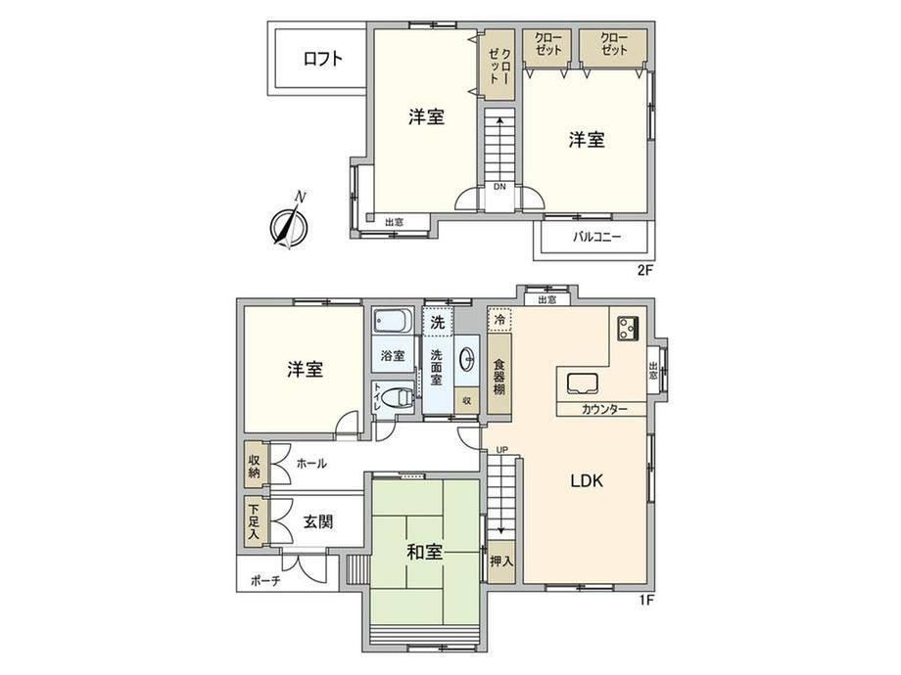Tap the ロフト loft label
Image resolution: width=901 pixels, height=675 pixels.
point(323,59)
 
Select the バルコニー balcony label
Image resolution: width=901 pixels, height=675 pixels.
point(596,237)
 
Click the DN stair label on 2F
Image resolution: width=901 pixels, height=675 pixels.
point(499,187)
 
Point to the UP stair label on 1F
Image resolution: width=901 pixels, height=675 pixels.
point(501,450)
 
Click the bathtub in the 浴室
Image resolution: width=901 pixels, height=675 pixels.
point(393,323)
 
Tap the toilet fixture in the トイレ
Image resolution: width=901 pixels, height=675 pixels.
point(397,397)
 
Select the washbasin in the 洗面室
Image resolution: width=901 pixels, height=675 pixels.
point(467,360)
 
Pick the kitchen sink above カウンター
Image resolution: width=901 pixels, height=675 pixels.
point(583,383)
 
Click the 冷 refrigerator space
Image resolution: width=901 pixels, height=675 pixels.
point(499,319)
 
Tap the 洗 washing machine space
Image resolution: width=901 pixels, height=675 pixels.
point(438,322)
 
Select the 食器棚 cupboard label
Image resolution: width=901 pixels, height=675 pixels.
point(499,377)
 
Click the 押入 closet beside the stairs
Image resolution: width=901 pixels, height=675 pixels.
point(501,562)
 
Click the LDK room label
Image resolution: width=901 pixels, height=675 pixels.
point(587,480)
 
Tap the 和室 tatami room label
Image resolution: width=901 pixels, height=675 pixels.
point(425,552)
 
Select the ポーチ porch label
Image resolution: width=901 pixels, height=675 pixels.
point(265,581)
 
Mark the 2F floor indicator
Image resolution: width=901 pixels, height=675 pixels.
point(645,270)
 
